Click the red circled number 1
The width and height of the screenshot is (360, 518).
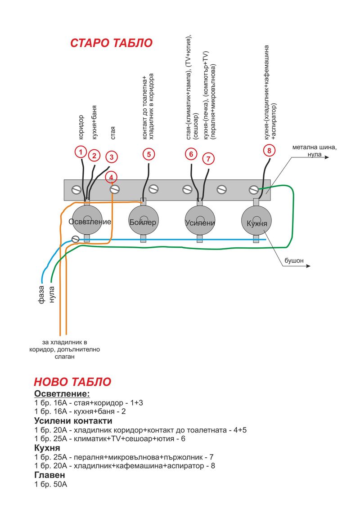[x=81, y=152]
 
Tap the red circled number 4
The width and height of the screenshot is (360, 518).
[x=112, y=177]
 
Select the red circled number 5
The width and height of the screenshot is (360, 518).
[x=149, y=154]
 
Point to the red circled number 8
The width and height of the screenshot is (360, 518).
[x=269, y=151]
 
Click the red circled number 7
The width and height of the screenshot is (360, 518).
[x=208, y=159]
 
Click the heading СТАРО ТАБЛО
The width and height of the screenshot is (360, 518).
[x=111, y=43]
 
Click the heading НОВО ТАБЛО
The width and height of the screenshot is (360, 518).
[x=72, y=382]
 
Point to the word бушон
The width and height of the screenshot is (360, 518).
[x=294, y=260]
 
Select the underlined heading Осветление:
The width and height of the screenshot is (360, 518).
[x=62, y=394]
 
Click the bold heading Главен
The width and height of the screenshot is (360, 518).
[x=49, y=475]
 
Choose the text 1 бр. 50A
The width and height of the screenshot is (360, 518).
[x=50, y=484]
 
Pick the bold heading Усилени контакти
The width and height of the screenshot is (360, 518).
[x=73, y=421]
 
